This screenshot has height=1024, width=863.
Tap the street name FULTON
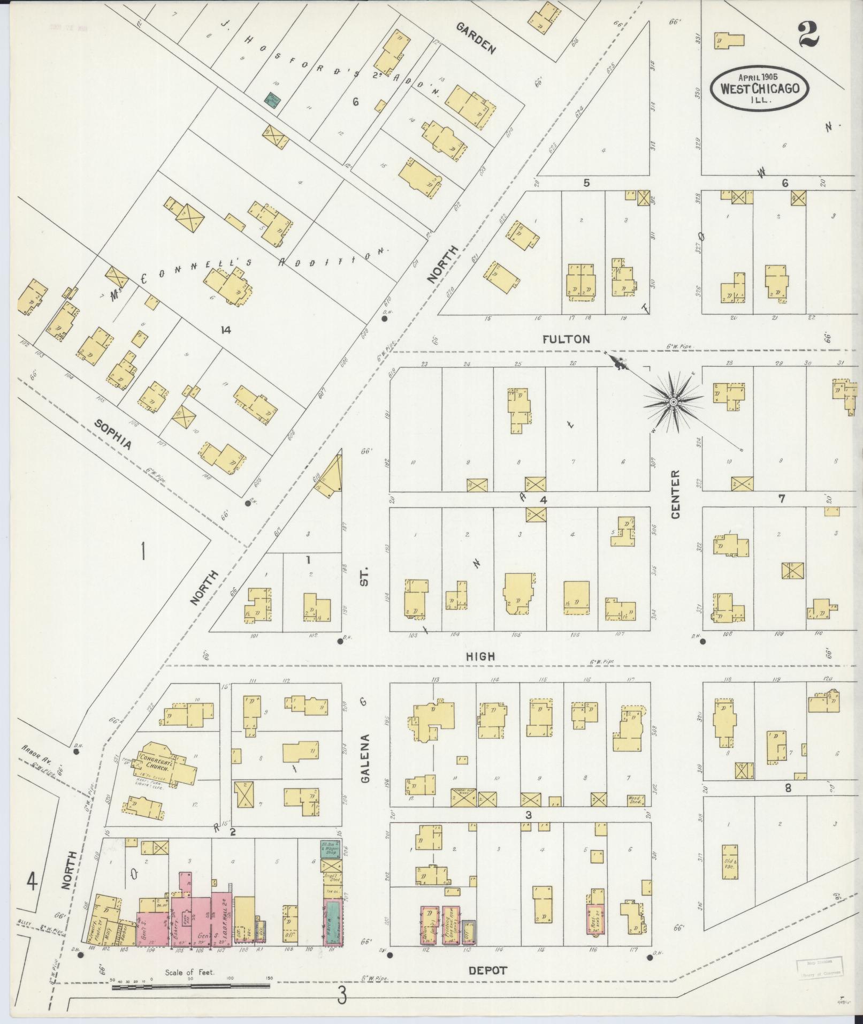[566, 339]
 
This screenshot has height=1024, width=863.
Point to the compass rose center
[674, 401]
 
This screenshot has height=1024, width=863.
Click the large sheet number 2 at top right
[808, 35]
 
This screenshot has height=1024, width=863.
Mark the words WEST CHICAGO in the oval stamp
[760, 88]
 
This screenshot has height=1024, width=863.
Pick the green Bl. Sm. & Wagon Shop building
[330, 848]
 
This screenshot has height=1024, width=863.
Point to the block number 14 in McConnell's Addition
[225, 330]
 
